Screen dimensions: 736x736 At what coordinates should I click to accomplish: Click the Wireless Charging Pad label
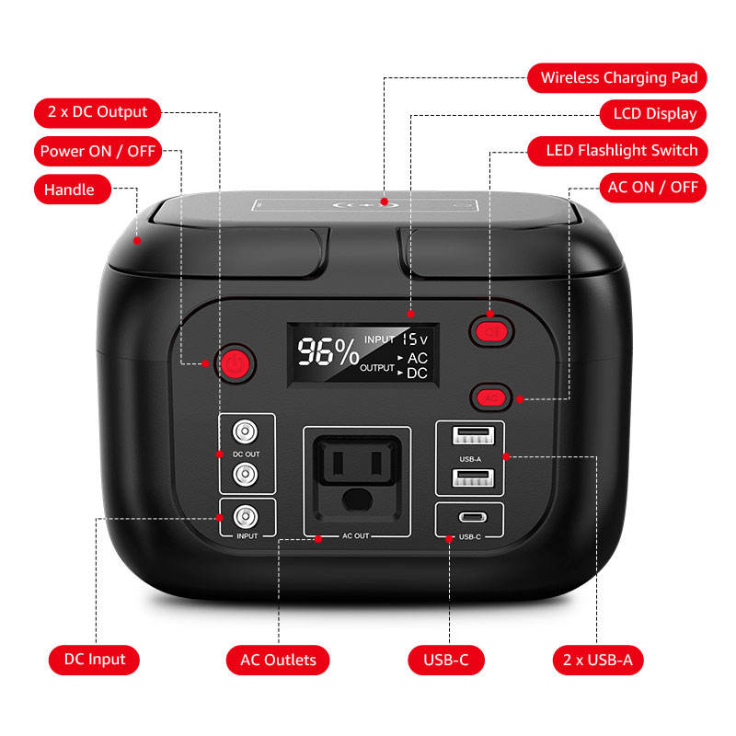617,78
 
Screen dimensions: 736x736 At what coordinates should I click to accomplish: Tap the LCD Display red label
648,115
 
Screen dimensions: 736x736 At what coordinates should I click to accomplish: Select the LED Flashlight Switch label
622,151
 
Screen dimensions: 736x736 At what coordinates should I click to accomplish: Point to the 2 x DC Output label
98,112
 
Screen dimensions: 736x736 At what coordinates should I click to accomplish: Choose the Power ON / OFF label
98,151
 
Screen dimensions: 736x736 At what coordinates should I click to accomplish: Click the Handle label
70,190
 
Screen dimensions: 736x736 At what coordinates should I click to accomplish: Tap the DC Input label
95,660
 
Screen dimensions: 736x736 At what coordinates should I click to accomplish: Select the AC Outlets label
278,660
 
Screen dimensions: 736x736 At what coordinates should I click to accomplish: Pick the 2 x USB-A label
598,660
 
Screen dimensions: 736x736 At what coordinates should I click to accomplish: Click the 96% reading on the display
327,353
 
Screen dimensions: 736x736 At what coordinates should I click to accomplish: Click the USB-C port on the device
469,518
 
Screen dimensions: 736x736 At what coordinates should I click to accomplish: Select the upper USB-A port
469,435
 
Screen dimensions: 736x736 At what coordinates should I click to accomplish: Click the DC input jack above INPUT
246,514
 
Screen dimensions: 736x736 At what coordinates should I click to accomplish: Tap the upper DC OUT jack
246,431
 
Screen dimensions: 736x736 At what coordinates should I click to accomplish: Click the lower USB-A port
469,477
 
